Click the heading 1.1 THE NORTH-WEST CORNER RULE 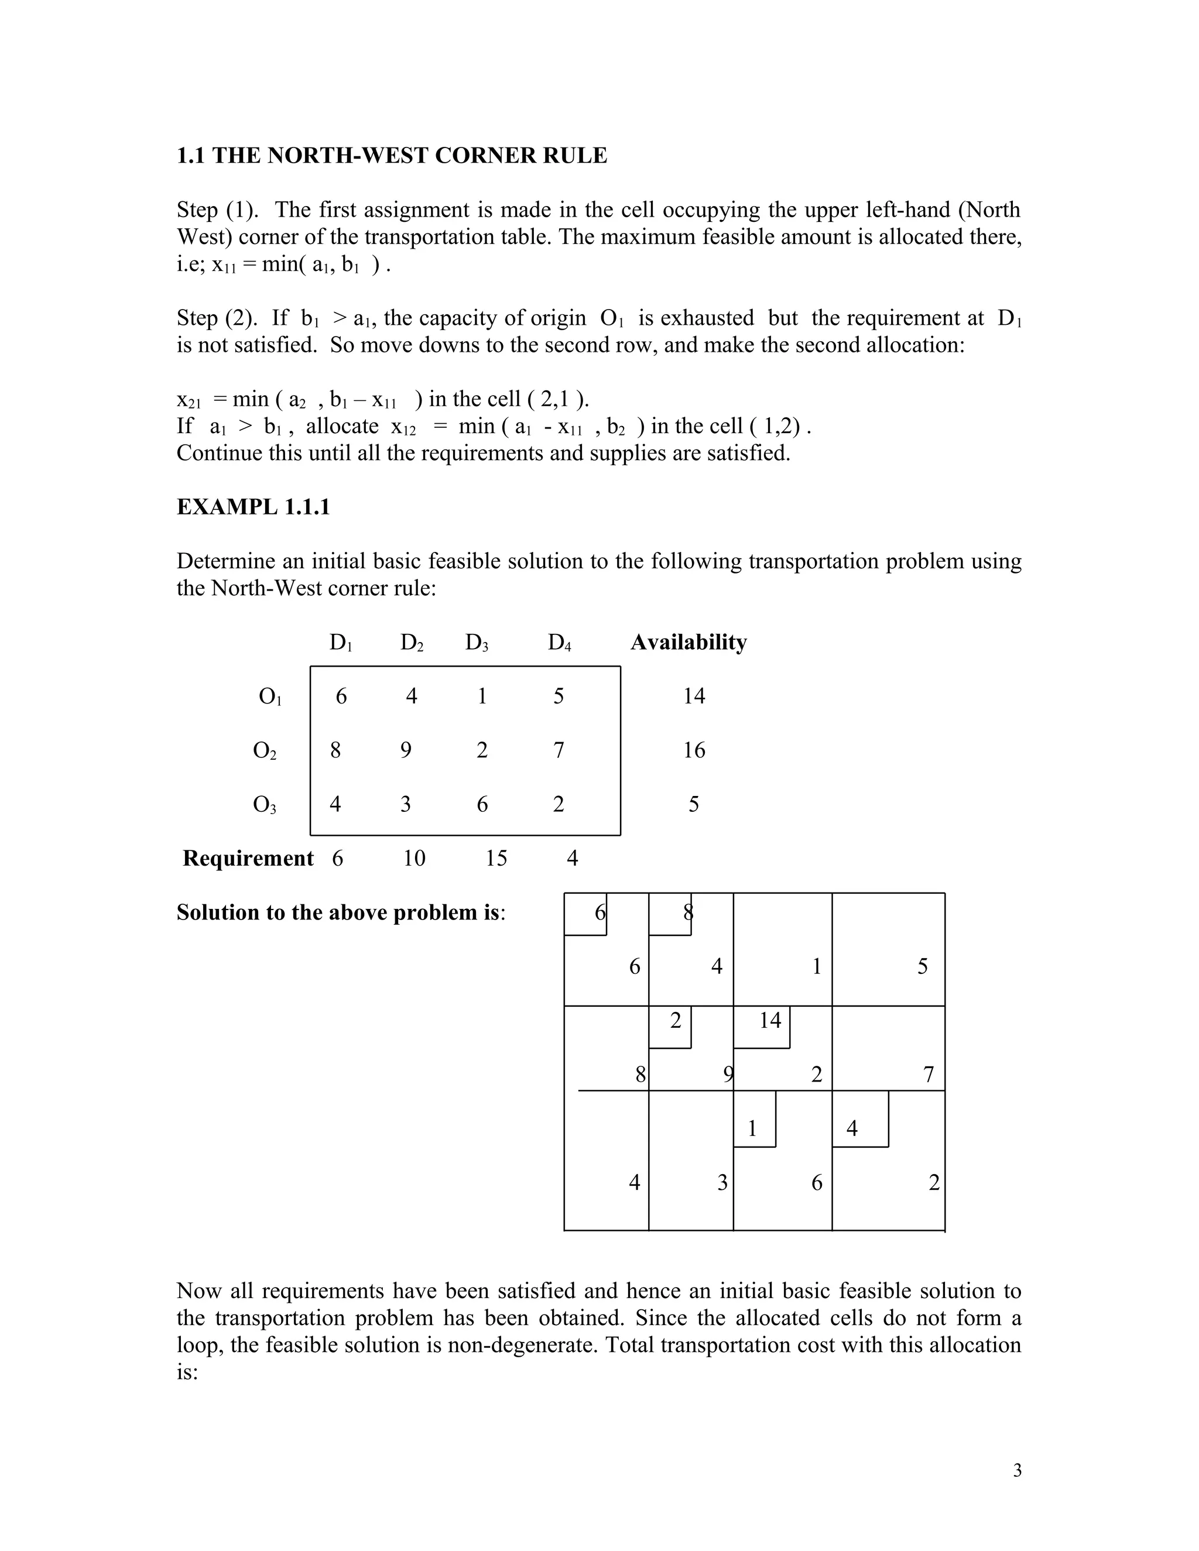392,156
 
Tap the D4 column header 559,643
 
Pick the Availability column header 688,642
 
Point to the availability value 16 694,750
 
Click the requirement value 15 496,859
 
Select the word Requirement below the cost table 248,859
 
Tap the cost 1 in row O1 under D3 482,696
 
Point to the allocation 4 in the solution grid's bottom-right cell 852,1128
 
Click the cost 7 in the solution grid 928,1075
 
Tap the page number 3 1017,1471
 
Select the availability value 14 694,696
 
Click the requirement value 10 414,859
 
